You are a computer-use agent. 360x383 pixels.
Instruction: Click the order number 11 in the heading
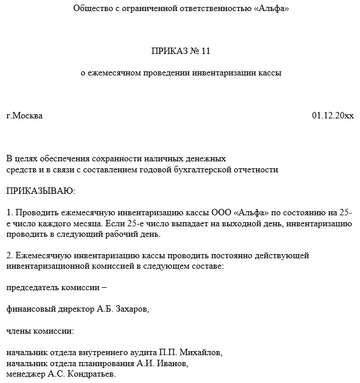[x=205, y=51]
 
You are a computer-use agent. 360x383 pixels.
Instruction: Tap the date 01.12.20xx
[x=332, y=115]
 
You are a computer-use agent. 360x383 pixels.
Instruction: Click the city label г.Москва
[x=24, y=115]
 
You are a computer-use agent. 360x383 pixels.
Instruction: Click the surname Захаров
[x=131, y=309]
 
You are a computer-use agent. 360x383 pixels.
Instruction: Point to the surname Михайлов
[x=201, y=352]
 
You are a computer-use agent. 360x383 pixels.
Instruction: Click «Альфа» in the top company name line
[x=271, y=9]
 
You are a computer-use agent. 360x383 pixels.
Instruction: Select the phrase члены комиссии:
[x=40, y=331]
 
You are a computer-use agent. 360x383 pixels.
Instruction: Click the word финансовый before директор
[x=29, y=309]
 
